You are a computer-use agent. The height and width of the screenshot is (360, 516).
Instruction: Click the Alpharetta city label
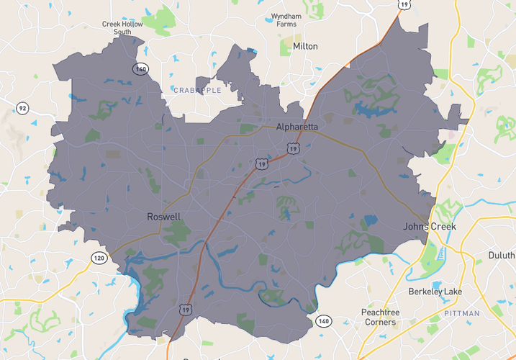297,127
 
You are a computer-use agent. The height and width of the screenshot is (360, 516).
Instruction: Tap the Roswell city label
163,217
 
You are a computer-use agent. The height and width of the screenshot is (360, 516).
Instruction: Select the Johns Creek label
429,227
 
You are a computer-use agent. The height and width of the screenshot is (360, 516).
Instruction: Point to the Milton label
305,46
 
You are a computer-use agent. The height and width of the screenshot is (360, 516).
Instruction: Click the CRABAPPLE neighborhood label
197,90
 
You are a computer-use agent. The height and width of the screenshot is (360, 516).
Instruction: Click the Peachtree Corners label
379,318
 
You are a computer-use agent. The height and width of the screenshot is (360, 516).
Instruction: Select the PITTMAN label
461,314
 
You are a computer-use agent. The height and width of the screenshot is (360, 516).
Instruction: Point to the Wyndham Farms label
286,19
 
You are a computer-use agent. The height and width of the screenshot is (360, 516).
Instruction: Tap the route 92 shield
22,109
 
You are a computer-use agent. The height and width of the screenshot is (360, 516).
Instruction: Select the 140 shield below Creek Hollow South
140,68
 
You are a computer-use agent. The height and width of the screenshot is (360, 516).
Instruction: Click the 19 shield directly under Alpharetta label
292,148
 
